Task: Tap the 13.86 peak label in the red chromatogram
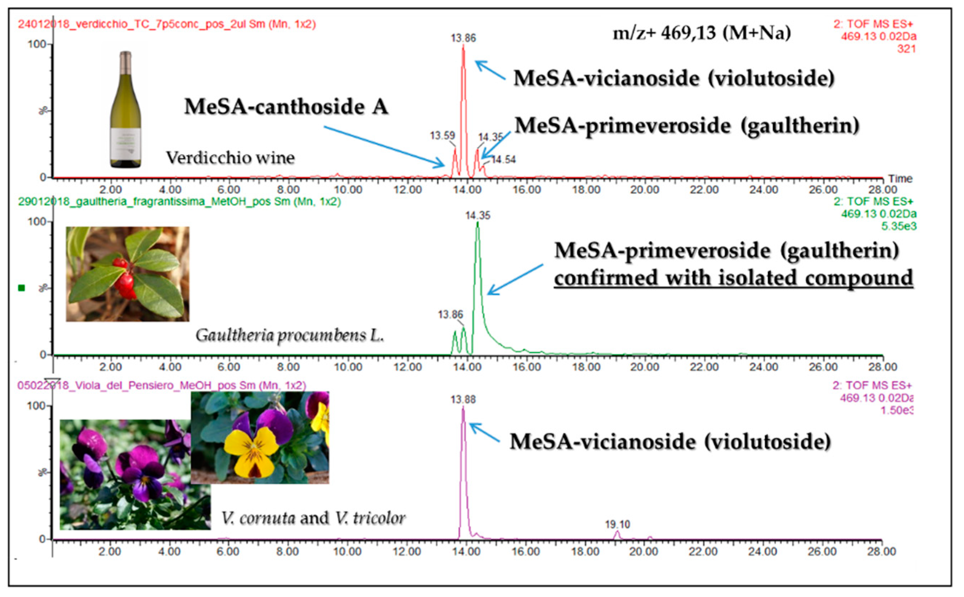point(463,38)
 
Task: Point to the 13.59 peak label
point(442,136)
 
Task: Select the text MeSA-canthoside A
point(286,106)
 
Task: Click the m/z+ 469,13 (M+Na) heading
point(702,33)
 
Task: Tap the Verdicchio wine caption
point(230,158)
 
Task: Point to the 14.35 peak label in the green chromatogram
point(477,215)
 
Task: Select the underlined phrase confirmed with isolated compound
point(733,278)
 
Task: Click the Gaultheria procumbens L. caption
point(290,336)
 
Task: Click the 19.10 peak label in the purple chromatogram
point(617,524)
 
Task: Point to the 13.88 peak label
point(463,399)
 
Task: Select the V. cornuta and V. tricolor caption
point(313,518)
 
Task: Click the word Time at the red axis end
point(900,179)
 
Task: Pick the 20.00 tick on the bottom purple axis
point(644,551)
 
